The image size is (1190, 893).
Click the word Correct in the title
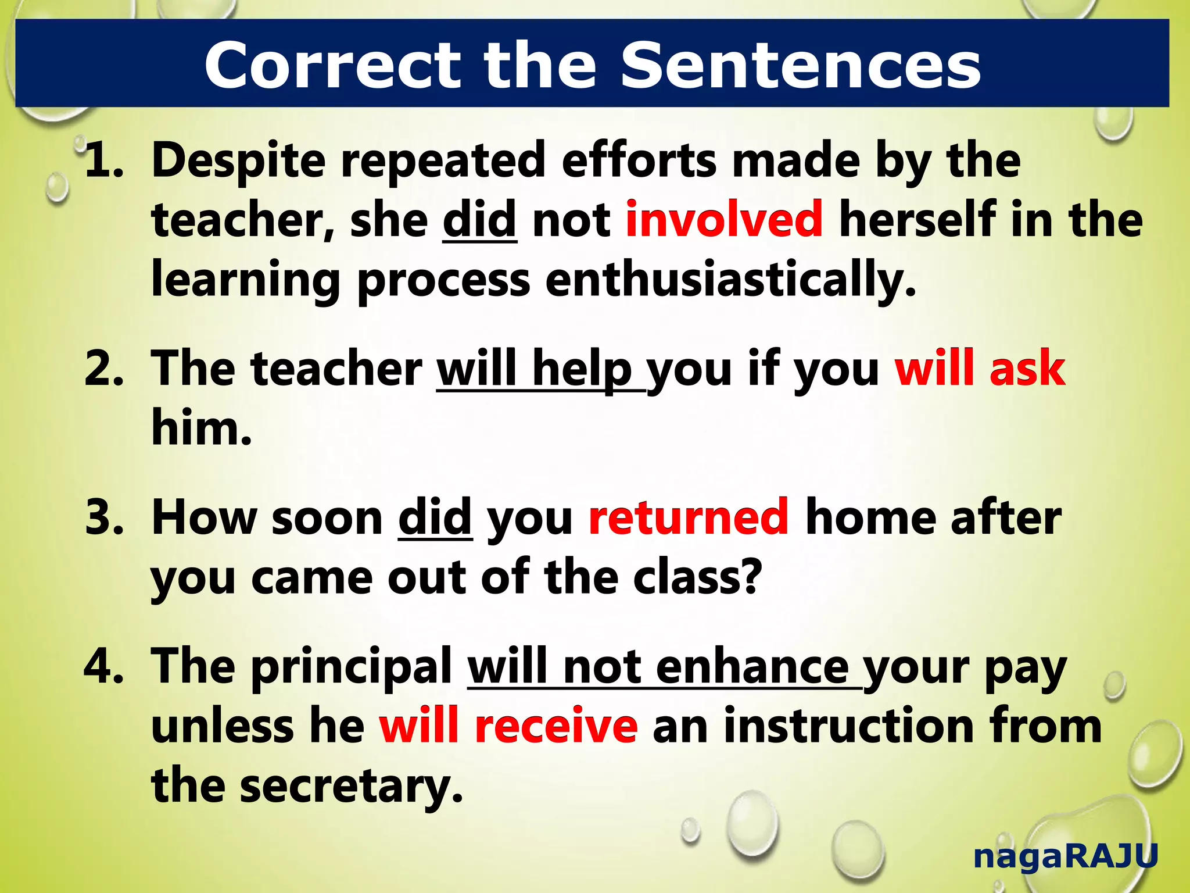click(x=332, y=66)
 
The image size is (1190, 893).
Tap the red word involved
click(x=724, y=219)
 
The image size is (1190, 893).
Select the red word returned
click(x=689, y=517)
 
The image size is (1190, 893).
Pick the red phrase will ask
click(x=980, y=368)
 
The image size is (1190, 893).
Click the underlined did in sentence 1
click(x=479, y=219)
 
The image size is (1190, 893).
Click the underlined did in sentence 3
click(x=435, y=517)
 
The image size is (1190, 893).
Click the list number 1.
click(x=103, y=160)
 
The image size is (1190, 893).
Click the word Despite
click(x=238, y=160)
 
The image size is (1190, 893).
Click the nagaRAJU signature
click(x=1066, y=856)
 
